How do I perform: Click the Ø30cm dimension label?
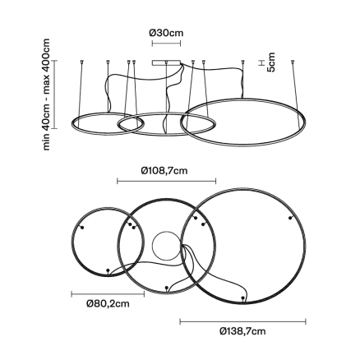pyautogui.click(x=166, y=33)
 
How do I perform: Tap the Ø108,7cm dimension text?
pyautogui.click(x=164, y=171)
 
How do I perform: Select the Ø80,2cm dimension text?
pyautogui.click(x=108, y=304)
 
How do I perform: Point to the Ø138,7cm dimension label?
pyautogui.click(x=242, y=331)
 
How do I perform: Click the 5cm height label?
pyautogui.click(x=271, y=62)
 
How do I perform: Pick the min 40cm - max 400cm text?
pyautogui.click(x=47, y=95)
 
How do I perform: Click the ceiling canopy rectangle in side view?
pyautogui.click(x=167, y=62)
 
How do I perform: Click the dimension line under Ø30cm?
pyautogui.click(x=166, y=44)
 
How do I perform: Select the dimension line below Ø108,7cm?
pyautogui.click(x=167, y=181)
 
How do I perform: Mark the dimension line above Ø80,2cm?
pyautogui.click(x=108, y=294)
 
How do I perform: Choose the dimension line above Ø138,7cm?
pyautogui.click(x=242, y=321)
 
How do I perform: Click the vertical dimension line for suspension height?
pyautogui.click(x=55, y=95)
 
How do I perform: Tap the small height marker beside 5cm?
pyautogui.click(x=261, y=62)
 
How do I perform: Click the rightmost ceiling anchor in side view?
pyautogui.click(x=293, y=62)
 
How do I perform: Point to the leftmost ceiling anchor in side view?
pyautogui.click(x=81, y=62)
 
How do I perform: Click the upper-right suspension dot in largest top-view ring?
pyautogui.click(x=290, y=218)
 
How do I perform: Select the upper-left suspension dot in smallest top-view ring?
pyautogui.click(x=82, y=228)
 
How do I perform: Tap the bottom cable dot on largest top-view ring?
pyautogui.click(x=242, y=298)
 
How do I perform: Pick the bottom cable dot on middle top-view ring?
pyautogui.click(x=167, y=288)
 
